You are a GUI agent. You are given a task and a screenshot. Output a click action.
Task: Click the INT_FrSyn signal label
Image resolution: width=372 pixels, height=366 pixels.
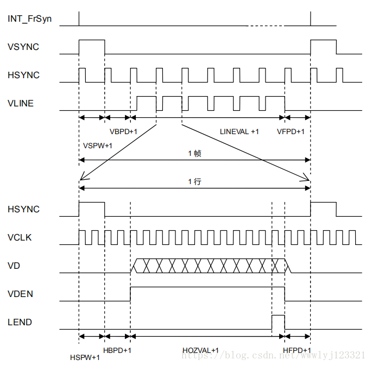point(30,19)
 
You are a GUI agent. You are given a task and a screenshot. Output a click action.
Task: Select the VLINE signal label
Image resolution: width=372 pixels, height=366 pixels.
point(21,103)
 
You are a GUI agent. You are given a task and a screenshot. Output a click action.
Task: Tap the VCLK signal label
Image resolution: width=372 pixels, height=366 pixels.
point(21,237)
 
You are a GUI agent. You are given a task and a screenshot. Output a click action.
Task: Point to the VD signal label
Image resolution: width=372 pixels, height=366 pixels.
point(14,266)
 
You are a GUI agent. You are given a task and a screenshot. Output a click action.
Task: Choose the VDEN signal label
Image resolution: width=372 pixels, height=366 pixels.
point(21,294)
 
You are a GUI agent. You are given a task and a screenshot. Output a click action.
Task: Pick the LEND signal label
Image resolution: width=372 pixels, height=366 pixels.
point(20,322)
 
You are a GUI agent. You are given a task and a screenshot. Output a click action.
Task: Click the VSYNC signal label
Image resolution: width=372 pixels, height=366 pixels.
point(23,47)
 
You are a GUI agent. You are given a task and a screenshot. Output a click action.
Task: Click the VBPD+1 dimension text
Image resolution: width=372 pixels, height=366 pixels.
point(123,132)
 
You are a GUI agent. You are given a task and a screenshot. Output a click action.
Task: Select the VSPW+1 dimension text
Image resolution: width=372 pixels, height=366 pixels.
point(98,146)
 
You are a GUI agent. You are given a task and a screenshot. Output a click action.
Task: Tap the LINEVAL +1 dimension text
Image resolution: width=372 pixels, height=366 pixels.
point(239,132)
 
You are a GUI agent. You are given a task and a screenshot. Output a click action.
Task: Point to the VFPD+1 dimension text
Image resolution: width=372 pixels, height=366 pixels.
point(291,132)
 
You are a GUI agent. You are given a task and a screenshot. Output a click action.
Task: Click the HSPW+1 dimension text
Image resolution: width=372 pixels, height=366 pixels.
point(85,358)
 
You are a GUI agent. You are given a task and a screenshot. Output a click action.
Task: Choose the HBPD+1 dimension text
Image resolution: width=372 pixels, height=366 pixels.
point(117,350)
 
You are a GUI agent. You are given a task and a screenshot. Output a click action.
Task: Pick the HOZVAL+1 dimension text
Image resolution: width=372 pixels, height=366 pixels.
point(200,351)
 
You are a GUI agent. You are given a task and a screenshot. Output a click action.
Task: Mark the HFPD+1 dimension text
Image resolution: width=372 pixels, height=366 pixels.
point(297,350)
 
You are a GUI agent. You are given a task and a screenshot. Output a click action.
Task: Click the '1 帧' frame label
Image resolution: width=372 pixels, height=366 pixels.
point(194,154)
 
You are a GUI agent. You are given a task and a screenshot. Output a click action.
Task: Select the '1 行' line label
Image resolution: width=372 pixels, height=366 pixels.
point(194,182)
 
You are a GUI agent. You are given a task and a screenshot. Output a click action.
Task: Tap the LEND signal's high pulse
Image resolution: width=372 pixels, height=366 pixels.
point(278,321)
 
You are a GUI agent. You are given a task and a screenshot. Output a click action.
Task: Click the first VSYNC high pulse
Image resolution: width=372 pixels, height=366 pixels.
point(92,46)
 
